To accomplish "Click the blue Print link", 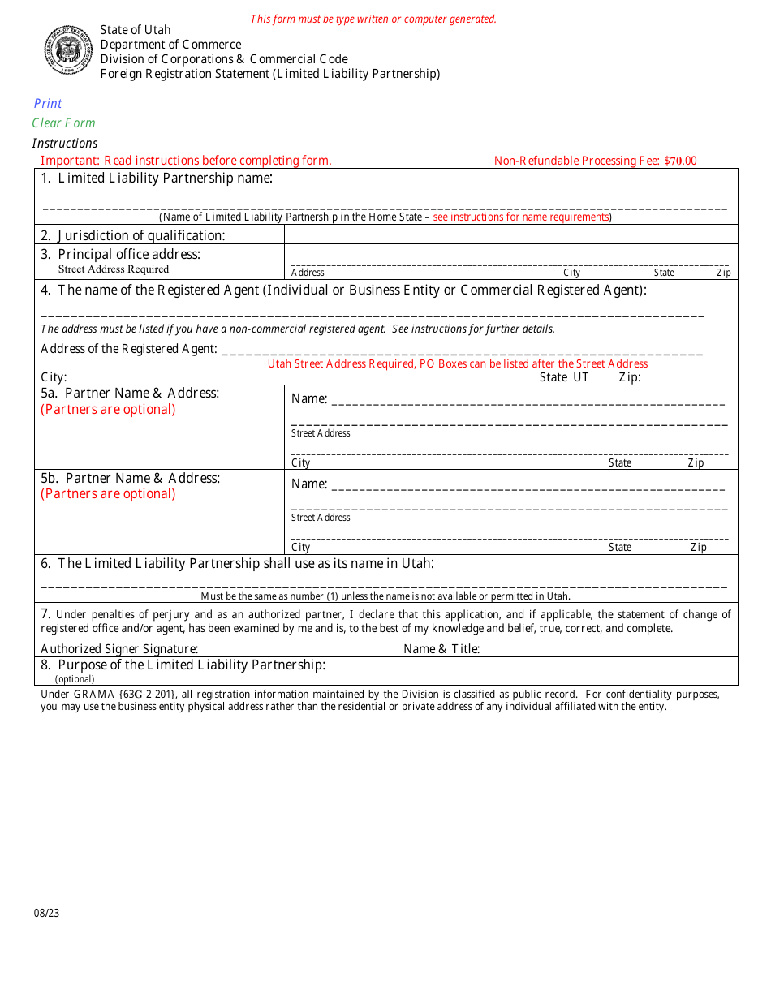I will pos(48,103).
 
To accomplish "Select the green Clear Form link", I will pos(63,123).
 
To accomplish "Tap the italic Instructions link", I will pos(65,143).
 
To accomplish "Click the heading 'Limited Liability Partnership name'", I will pos(165,178).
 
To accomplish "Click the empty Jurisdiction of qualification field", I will pos(510,234).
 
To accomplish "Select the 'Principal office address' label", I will pos(129,254).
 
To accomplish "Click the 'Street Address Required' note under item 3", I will pos(114,269).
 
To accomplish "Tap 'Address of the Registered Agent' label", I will pos(129,349).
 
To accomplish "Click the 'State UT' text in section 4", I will pos(564,377).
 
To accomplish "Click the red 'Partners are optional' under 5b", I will pos(108,494).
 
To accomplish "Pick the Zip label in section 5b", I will pos(699,548).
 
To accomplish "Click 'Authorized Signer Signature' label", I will pos(119,649).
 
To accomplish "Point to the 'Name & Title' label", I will pos(441,649).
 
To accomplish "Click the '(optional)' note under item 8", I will pos(75,679).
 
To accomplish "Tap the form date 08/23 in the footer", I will pos(47,913).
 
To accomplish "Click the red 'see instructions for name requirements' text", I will pos(521,217).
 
